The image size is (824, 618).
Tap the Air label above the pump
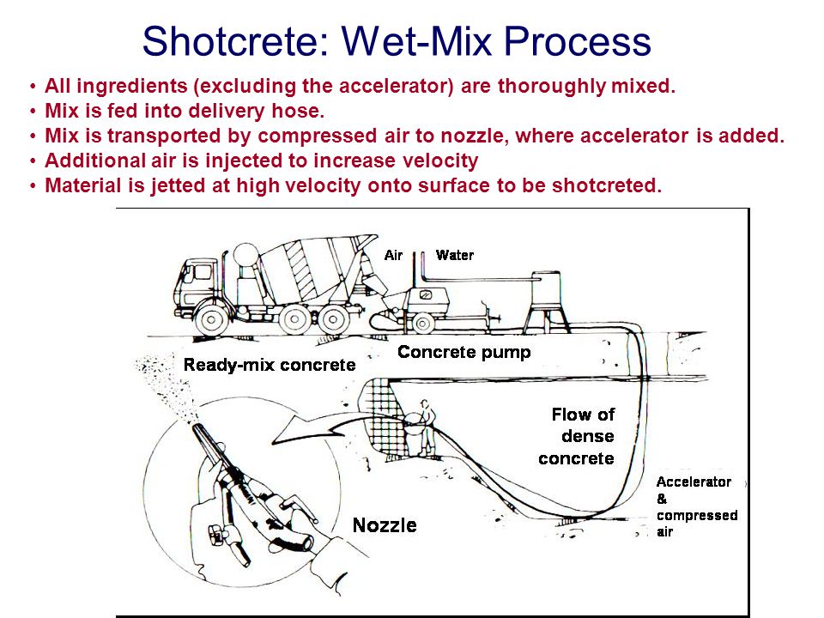point(394,255)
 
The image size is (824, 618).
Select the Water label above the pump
point(454,255)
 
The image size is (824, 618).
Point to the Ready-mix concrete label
point(270,365)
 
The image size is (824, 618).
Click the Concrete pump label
point(463,352)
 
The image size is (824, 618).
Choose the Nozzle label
point(385,524)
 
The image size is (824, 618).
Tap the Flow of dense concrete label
point(578,436)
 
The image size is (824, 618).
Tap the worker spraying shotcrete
point(424,425)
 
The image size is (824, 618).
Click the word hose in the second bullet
point(279,111)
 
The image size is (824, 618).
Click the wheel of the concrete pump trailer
point(422,324)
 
